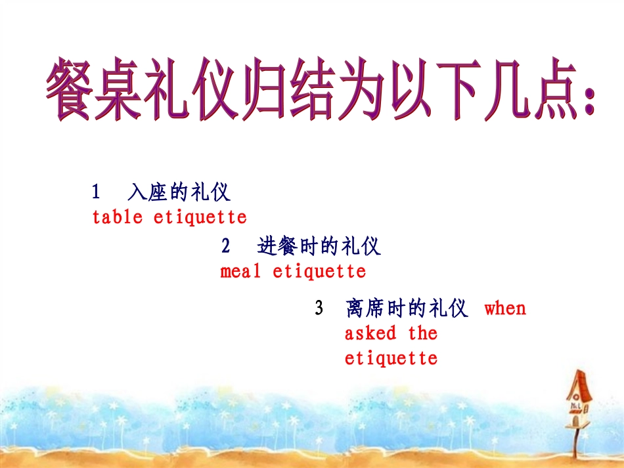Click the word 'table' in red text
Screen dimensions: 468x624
coord(117,217)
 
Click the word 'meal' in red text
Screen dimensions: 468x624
coord(240,270)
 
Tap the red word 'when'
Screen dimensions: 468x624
coord(505,308)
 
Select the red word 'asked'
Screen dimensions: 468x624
coord(370,333)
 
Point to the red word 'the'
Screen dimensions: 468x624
coord(422,333)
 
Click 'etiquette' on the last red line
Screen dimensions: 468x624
coord(391,358)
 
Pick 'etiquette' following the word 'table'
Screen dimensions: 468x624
coord(200,217)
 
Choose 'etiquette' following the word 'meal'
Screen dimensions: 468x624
coord(319,270)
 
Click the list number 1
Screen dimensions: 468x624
coord(96,192)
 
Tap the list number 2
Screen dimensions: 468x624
coord(226,247)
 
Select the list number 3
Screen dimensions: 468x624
coord(319,308)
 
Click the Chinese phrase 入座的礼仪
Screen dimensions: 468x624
coord(179,192)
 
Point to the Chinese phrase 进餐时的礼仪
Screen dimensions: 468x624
coord(319,247)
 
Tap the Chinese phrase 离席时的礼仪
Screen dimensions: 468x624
coord(407,308)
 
